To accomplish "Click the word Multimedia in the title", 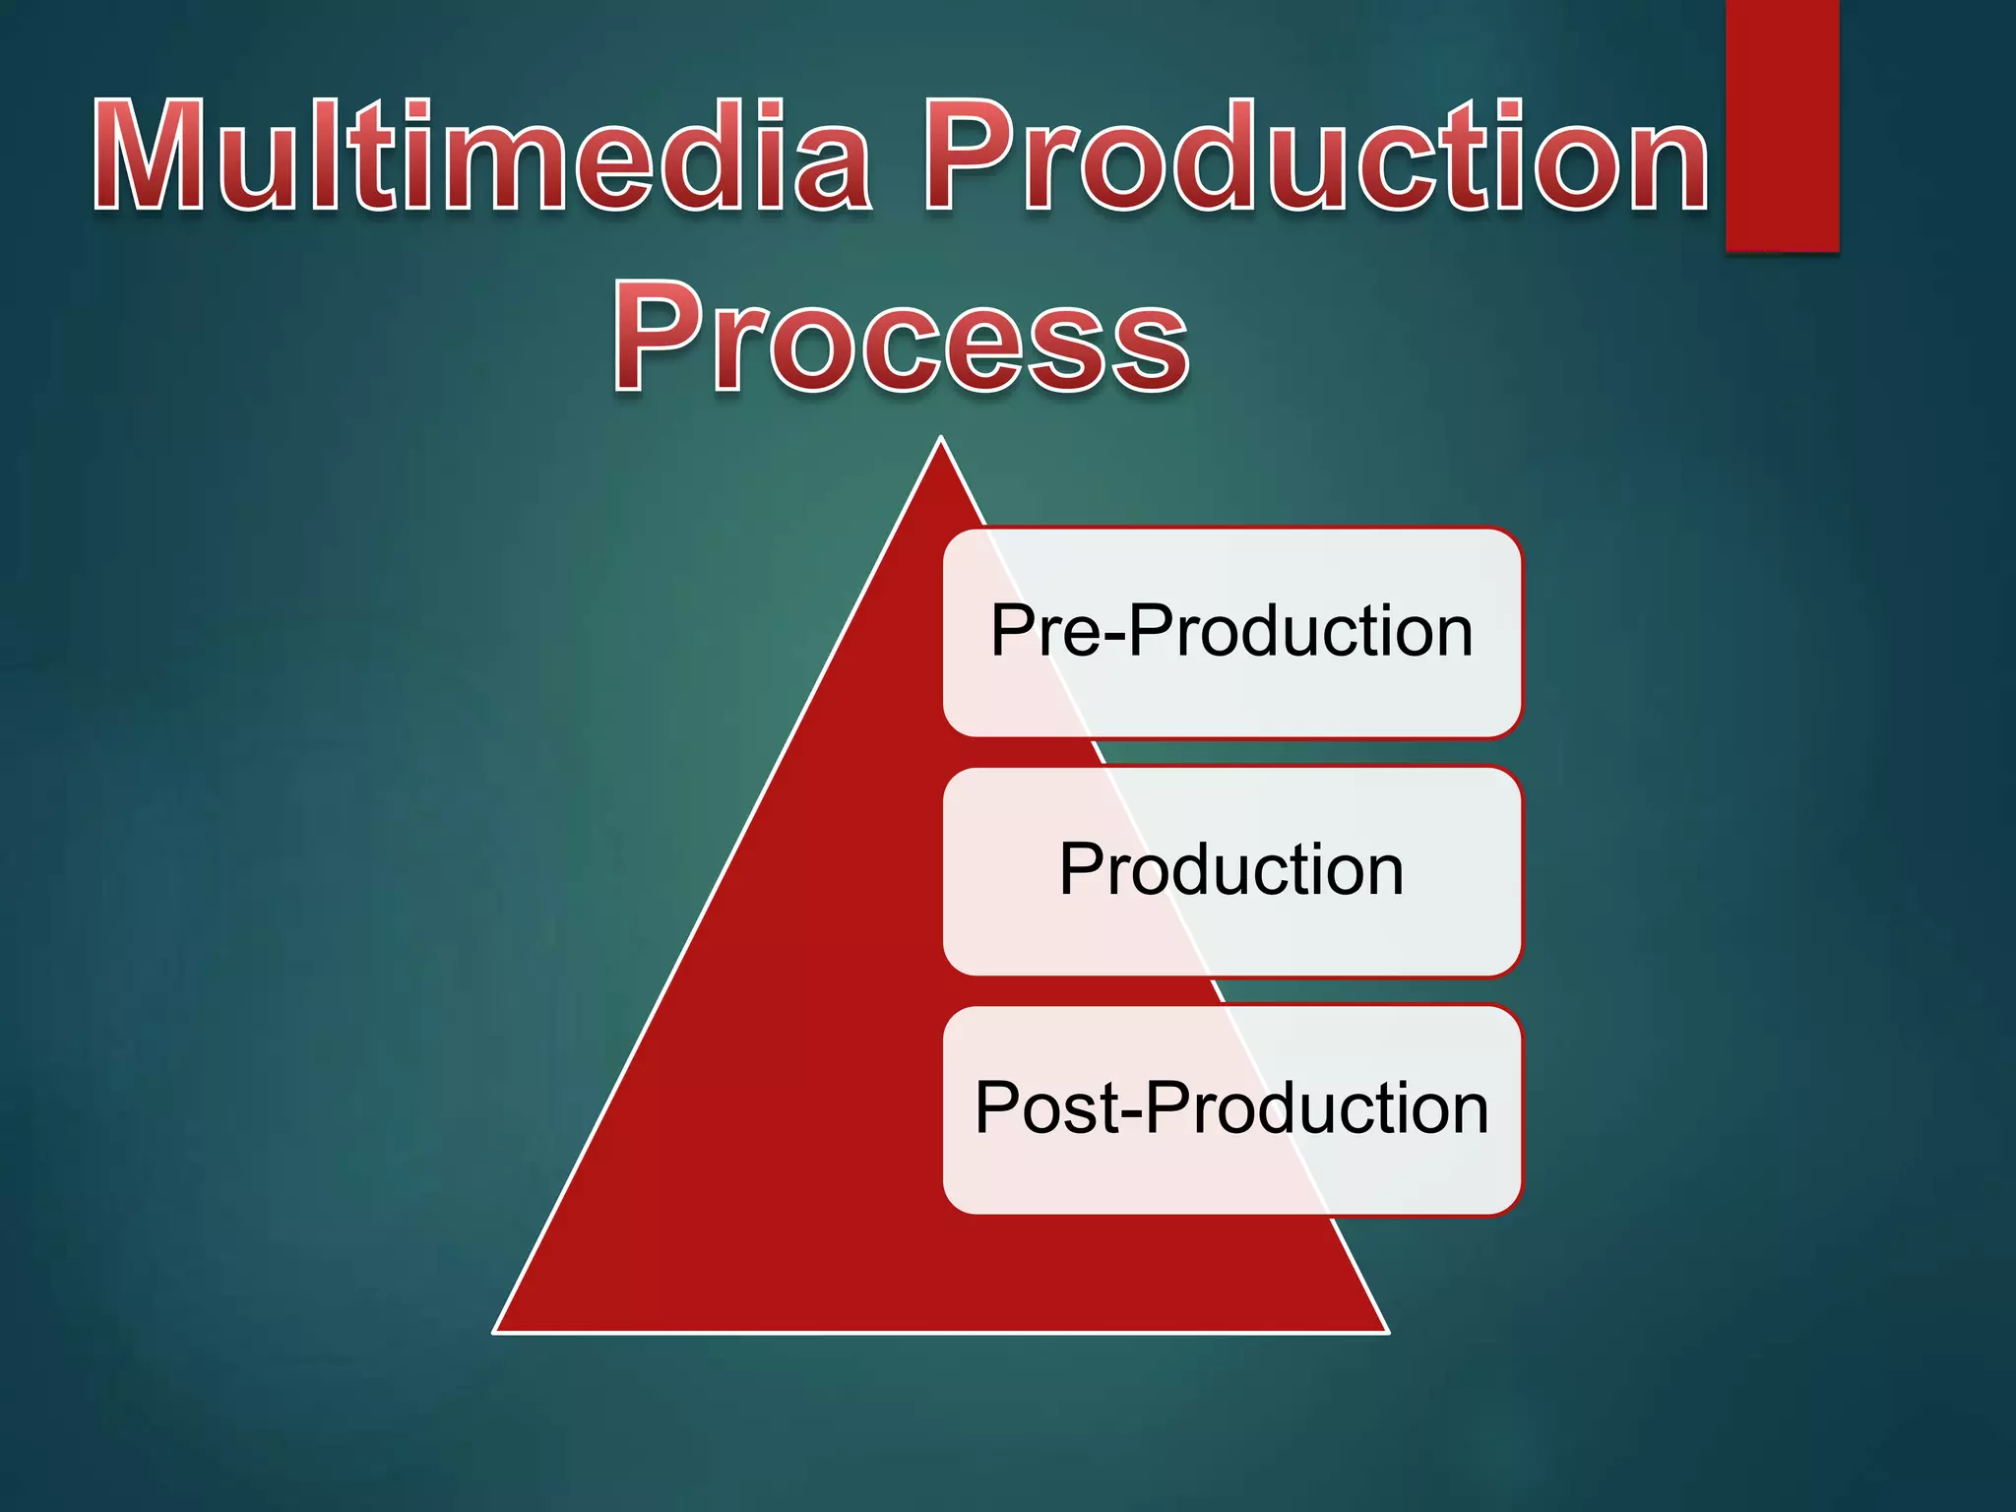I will pos(482,157).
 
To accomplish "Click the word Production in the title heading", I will pos(1316,157).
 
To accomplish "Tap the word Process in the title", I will pos(901,337).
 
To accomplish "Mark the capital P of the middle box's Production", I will pos(1081,870).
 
